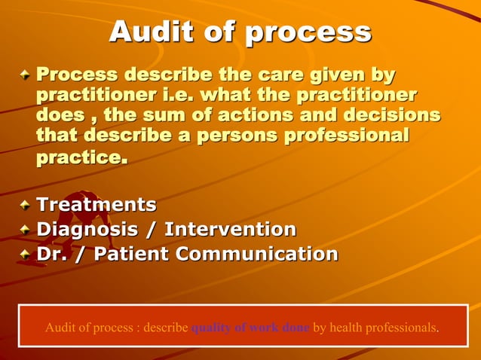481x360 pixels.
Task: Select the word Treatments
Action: (x=97, y=205)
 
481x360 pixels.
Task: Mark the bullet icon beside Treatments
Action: (x=26, y=205)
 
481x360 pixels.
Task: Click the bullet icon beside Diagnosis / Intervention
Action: (x=26, y=229)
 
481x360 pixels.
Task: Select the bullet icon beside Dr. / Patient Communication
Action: (x=26, y=255)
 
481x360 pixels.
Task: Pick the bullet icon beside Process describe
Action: (x=26, y=75)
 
